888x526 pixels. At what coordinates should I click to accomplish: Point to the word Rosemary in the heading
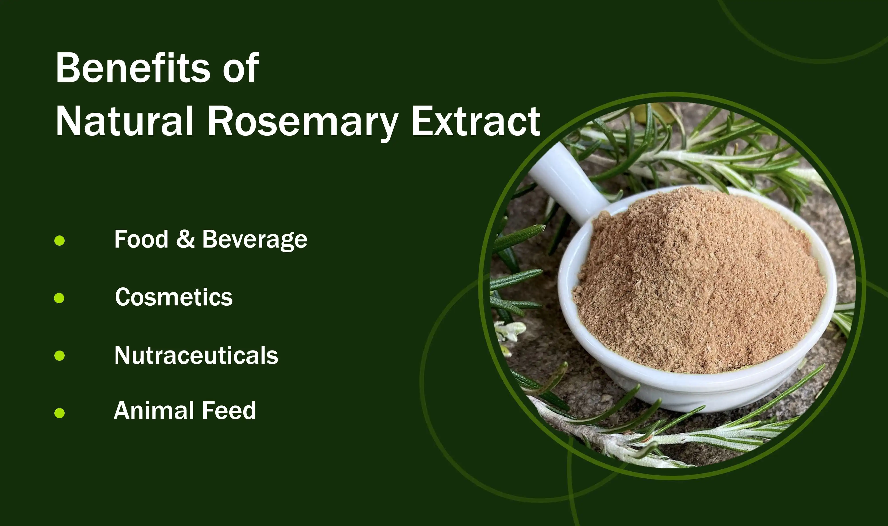tap(303, 122)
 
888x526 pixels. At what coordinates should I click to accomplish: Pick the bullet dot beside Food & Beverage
tap(59, 241)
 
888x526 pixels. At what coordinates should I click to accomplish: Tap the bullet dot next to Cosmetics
tap(59, 298)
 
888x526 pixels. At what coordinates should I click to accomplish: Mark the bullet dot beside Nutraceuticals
tap(59, 355)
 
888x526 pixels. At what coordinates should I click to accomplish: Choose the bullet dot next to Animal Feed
tap(59, 413)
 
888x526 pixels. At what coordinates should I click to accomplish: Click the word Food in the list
tap(141, 239)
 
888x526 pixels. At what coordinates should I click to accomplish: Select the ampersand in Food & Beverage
tap(185, 239)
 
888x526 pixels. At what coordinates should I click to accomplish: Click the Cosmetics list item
tap(174, 297)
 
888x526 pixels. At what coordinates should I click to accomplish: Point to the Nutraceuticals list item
tap(196, 355)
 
